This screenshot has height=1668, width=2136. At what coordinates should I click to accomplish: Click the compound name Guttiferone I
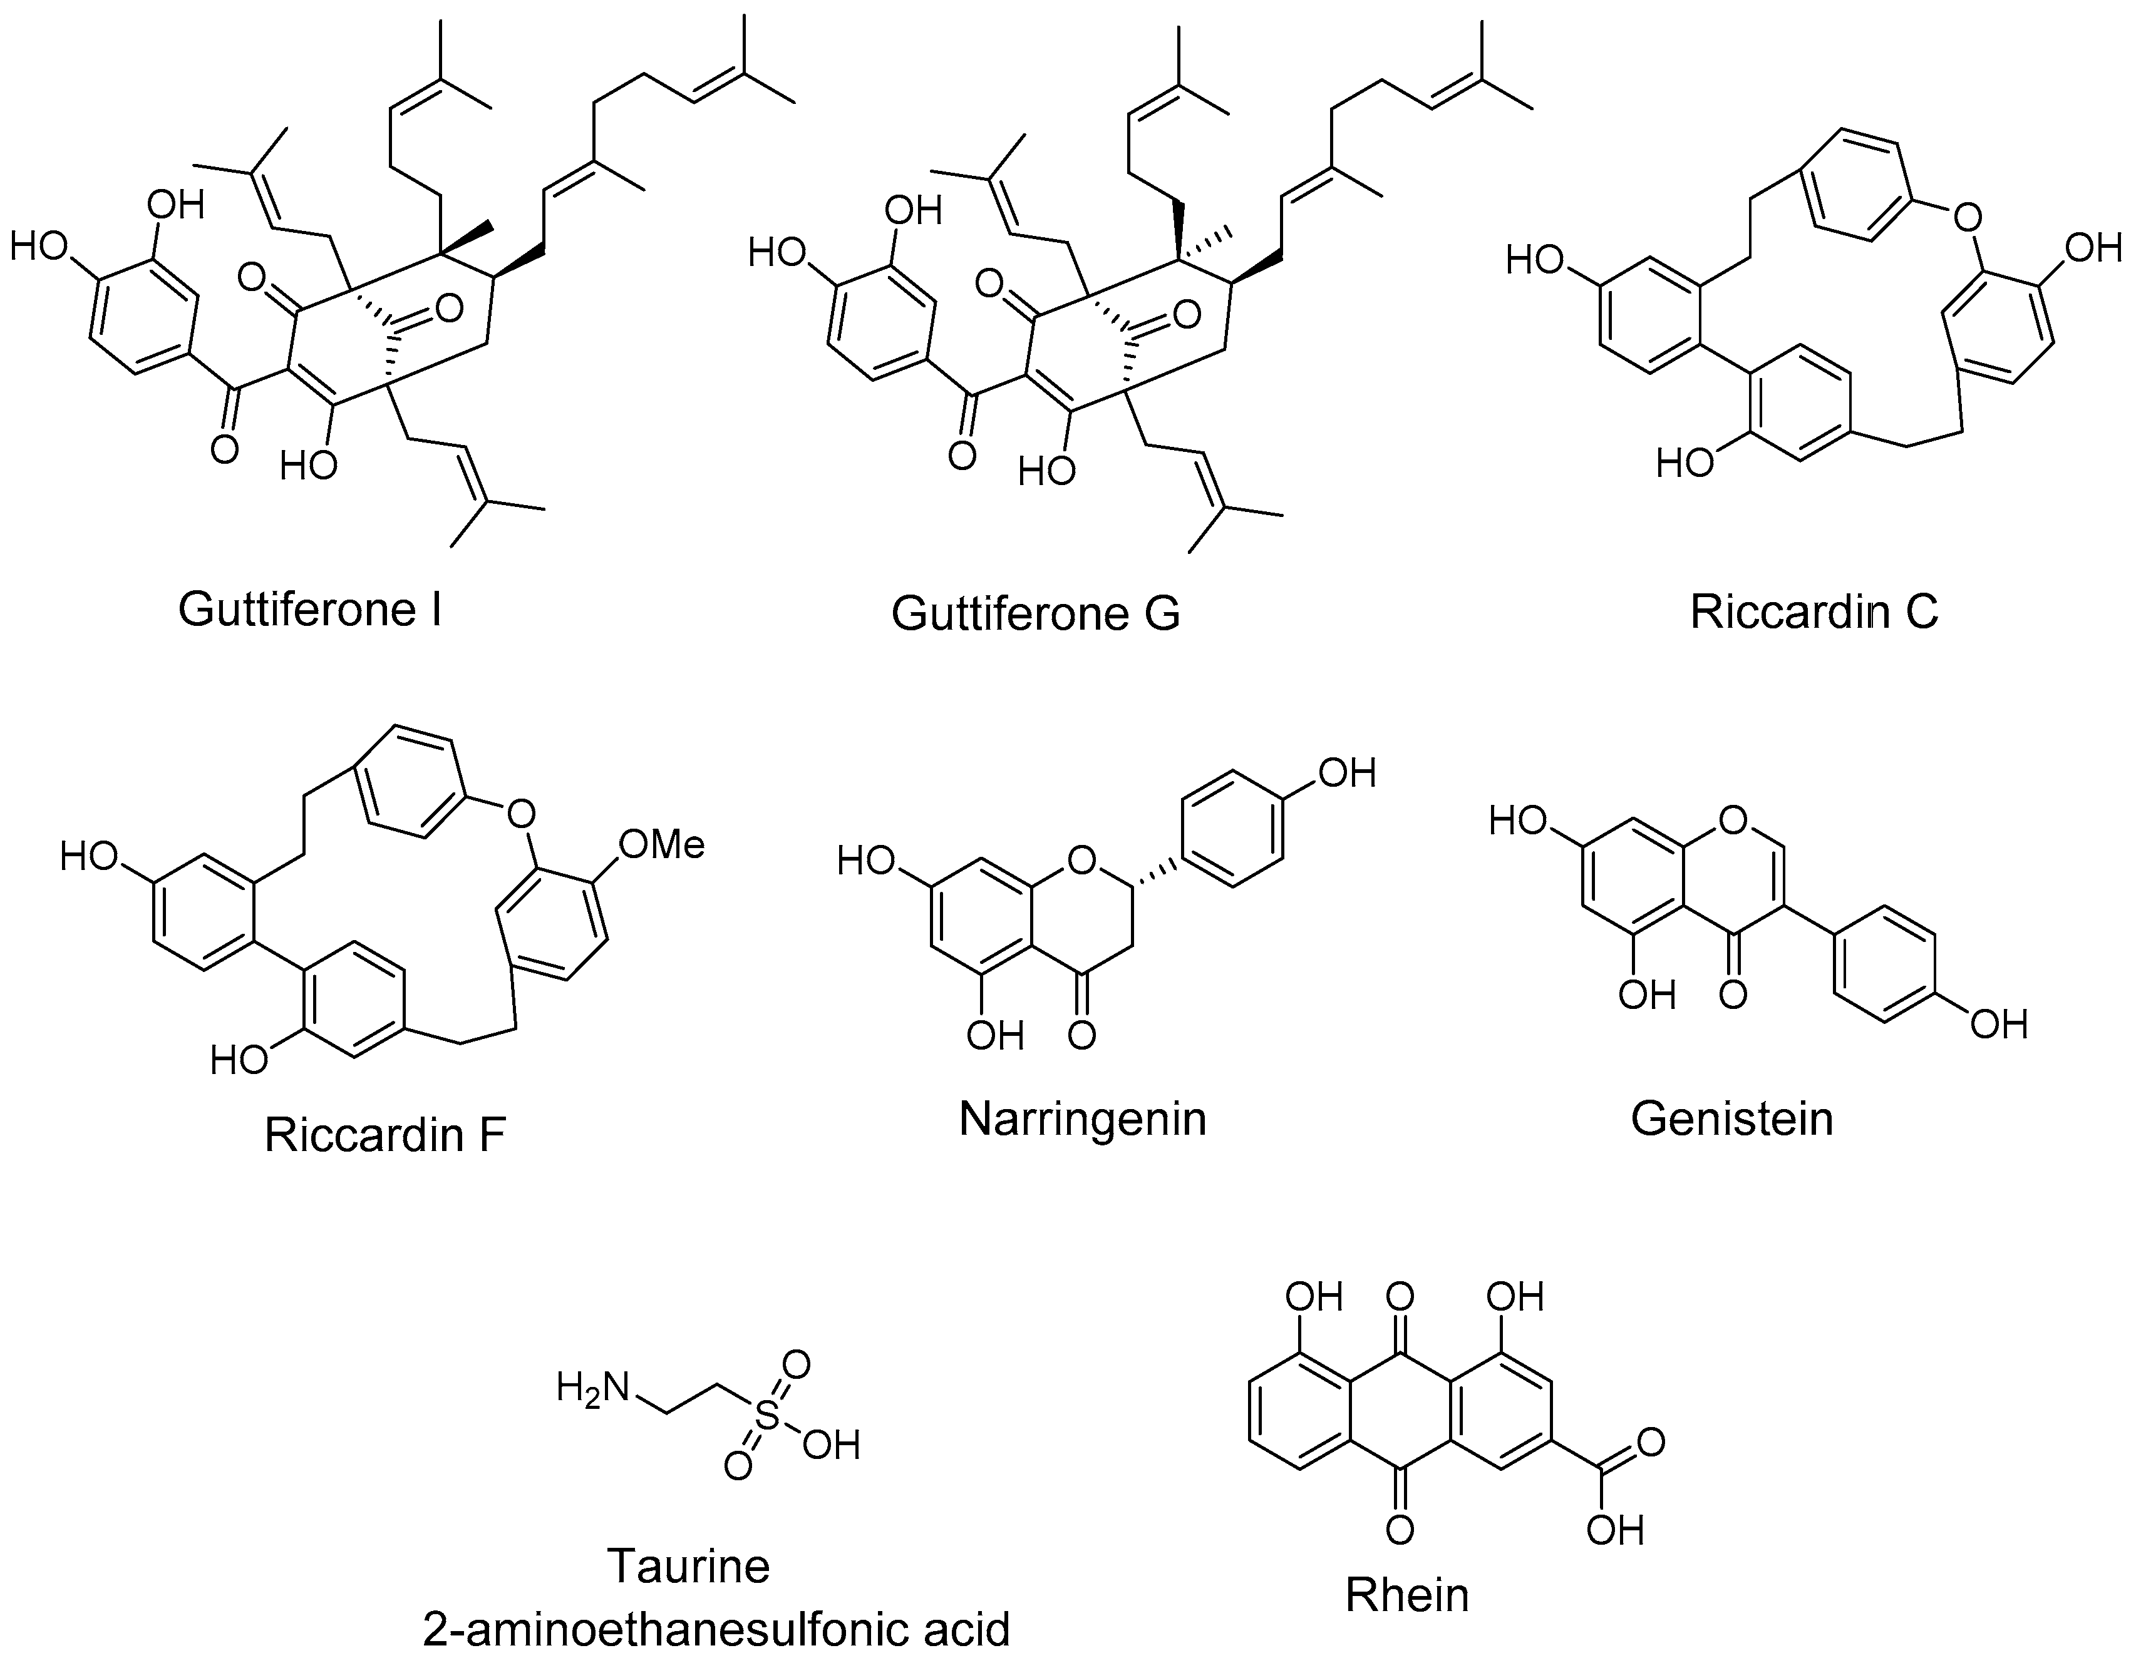pyautogui.click(x=310, y=610)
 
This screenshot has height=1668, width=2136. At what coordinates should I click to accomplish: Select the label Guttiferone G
pyautogui.click(x=1036, y=614)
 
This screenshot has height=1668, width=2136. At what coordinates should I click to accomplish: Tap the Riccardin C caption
pyautogui.click(x=1814, y=613)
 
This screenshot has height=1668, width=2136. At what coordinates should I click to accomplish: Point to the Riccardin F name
pyautogui.click(x=384, y=1135)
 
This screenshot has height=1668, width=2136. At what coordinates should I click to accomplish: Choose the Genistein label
pyautogui.click(x=1731, y=1118)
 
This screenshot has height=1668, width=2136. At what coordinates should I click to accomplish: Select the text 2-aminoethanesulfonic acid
pyautogui.click(x=716, y=1630)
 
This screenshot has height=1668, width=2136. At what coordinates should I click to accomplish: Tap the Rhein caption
pyautogui.click(x=1406, y=1595)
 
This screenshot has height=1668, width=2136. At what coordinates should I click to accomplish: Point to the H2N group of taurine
pyautogui.click(x=592, y=1388)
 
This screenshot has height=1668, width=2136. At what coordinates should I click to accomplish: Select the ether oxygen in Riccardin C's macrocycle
pyautogui.click(x=1966, y=216)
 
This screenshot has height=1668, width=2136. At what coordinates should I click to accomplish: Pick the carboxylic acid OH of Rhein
pyautogui.click(x=1615, y=1529)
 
